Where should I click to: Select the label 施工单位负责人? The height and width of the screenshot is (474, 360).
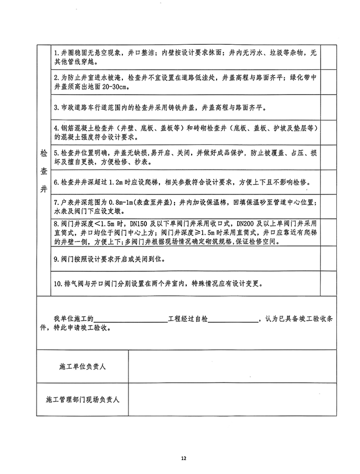click(83, 367)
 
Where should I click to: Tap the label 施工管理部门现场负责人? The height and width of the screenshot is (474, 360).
click(83, 399)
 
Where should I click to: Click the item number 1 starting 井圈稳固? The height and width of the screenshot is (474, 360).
click(55, 51)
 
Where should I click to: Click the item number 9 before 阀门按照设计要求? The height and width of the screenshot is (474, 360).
click(55, 259)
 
